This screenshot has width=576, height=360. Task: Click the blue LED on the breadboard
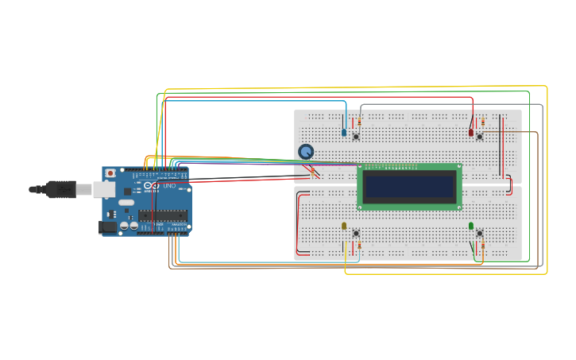344,132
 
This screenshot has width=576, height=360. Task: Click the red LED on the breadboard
471,132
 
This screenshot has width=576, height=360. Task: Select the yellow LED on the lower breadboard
344,226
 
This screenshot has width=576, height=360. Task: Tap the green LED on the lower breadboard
471,226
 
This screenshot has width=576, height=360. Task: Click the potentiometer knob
306,151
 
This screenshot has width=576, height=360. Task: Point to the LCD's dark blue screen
409,187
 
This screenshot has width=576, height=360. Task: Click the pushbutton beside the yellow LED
356,233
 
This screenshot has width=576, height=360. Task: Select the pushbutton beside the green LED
480,233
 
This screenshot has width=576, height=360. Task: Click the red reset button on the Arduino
110,173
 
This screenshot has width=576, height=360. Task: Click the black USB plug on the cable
60,189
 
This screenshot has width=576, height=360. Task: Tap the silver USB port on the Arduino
104,189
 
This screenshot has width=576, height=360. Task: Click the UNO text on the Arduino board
169,185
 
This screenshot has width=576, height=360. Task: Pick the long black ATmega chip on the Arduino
163,215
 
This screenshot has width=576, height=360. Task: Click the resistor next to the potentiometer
312,170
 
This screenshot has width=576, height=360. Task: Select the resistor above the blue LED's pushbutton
359,122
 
